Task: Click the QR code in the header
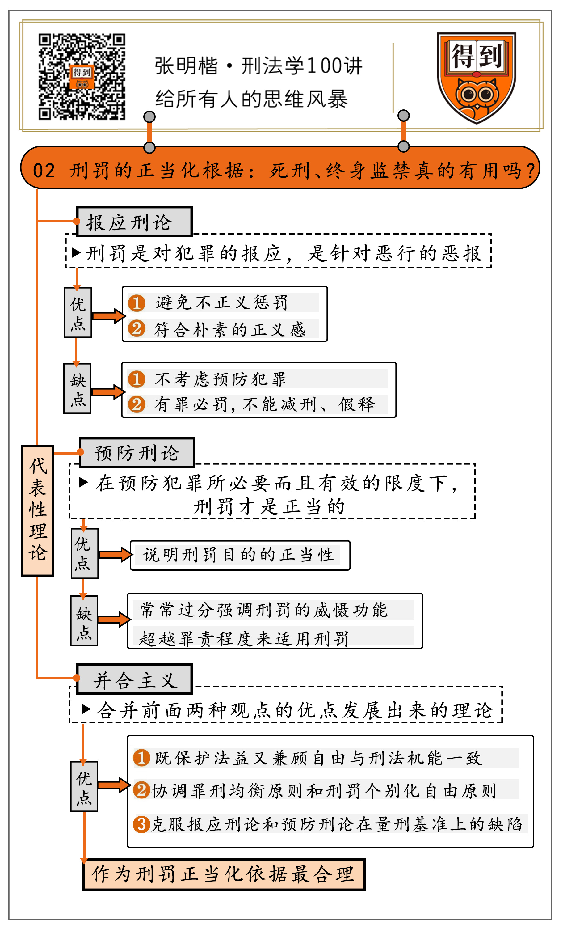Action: tap(82, 77)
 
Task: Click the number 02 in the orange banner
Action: tap(44, 171)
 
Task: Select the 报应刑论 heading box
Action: tap(134, 222)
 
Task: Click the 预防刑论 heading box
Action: tap(137, 453)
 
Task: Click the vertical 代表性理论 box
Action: tap(38, 510)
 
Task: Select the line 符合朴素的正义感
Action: tap(229, 329)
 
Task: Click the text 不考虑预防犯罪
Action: tap(220, 379)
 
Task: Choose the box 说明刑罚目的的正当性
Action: tap(240, 555)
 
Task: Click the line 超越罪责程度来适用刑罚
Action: tap(244, 639)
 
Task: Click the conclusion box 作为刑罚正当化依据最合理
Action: tap(224, 874)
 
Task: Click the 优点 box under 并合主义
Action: tap(84, 786)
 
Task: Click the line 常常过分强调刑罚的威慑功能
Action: tap(264, 610)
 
